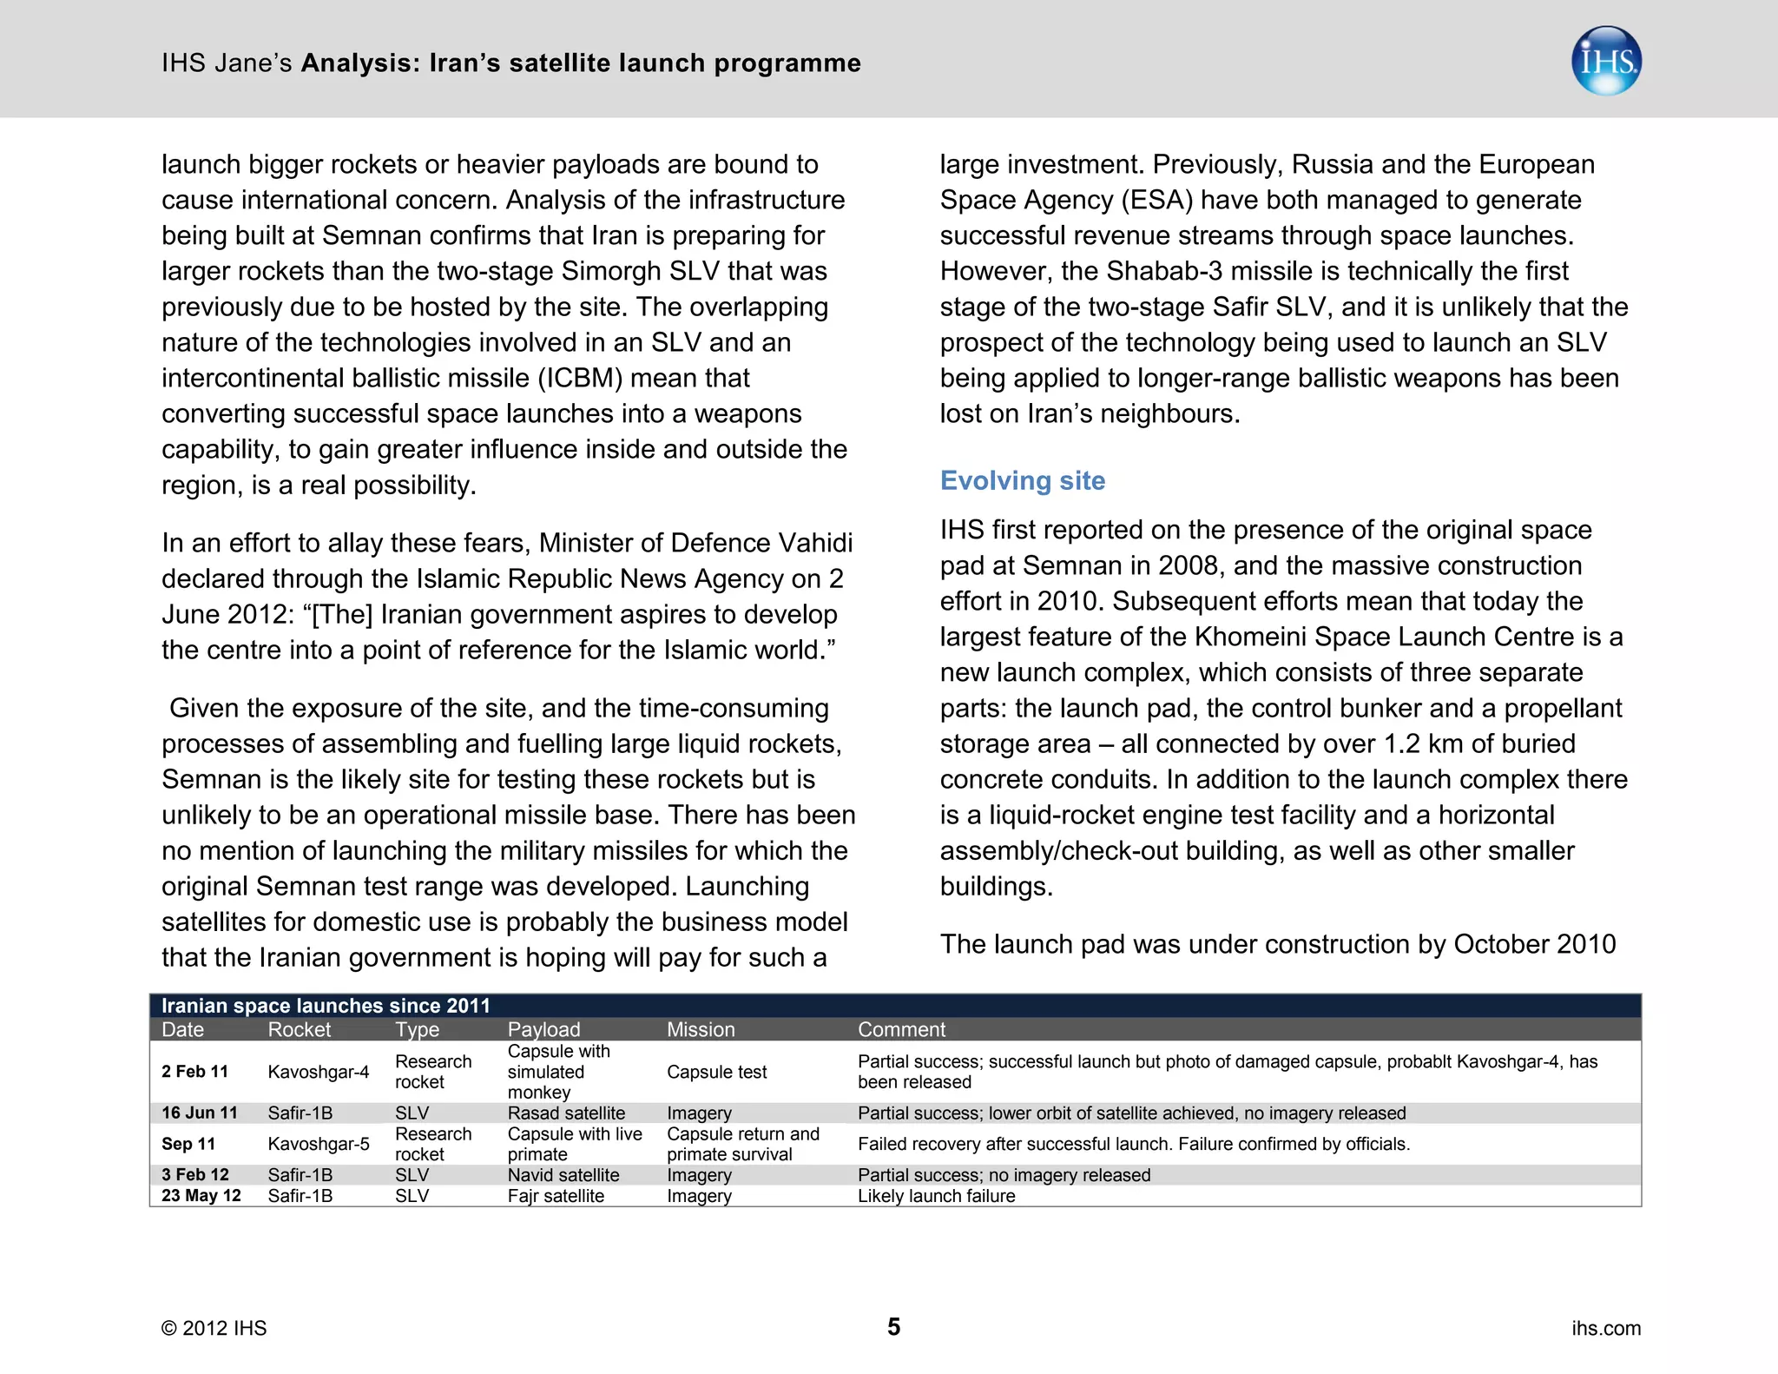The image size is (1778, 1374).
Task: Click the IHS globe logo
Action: (x=1605, y=61)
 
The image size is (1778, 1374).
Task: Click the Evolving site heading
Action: (x=1022, y=480)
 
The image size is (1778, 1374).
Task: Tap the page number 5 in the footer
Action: (x=893, y=1326)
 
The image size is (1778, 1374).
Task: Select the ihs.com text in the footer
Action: (x=1605, y=1328)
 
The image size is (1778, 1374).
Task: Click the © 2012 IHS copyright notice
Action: (x=214, y=1328)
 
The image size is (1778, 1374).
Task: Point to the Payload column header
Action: (x=543, y=1029)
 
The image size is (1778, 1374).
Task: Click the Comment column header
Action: (x=901, y=1029)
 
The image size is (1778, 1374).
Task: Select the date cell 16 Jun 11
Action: (x=200, y=1113)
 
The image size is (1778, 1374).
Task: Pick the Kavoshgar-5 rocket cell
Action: (x=319, y=1144)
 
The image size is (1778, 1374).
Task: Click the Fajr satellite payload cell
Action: (x=556, y=1196)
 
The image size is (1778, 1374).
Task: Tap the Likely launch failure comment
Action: (x=936, y=1196)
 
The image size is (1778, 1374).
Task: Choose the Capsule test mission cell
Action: (x=716, y=1072)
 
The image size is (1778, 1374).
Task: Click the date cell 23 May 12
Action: (x=201, y=1196)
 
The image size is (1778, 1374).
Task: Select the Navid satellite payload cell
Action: (x=563, y=1175)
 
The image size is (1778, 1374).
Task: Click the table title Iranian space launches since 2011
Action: (x=326, y=1006)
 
